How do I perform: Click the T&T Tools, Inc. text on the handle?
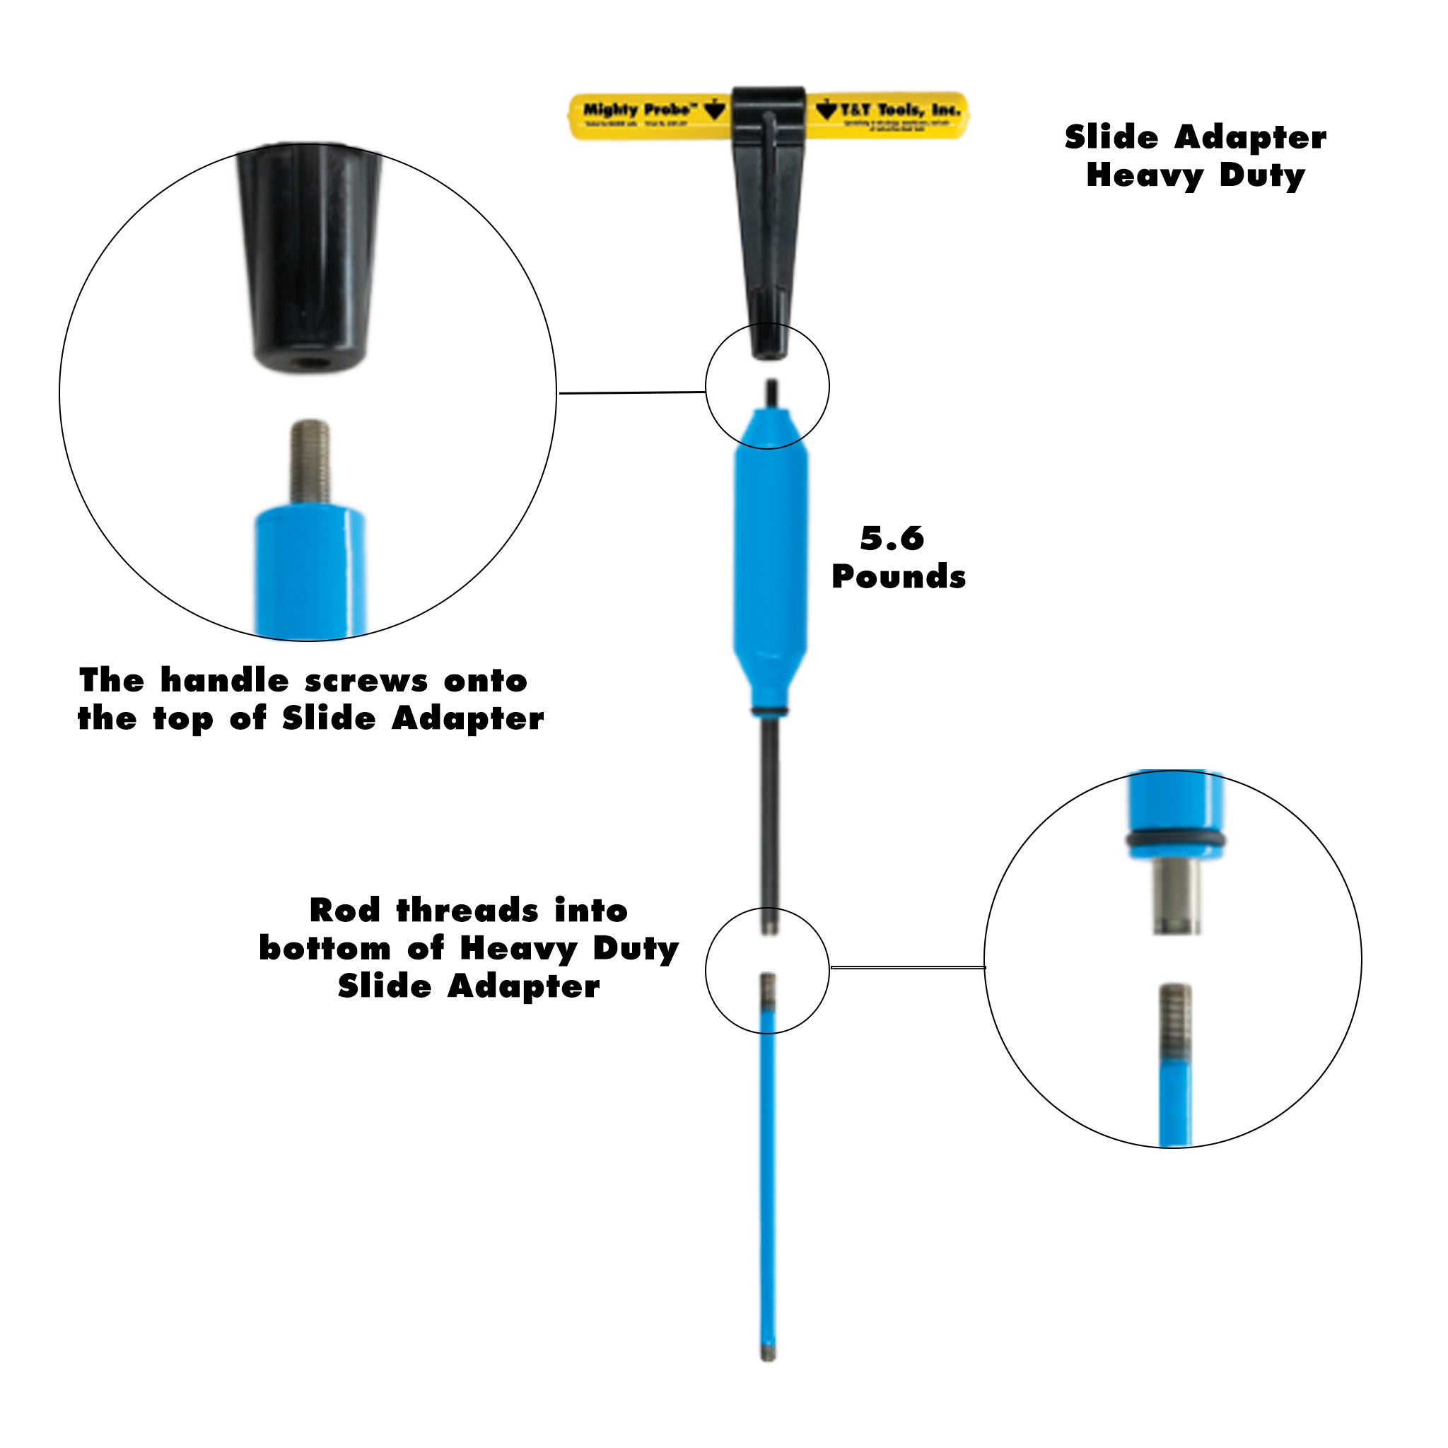(899, 110)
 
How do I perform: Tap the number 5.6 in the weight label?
(892, 538)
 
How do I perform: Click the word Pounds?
(899, 577)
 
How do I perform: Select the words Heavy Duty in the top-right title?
(1196, 175)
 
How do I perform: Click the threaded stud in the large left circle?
(310, 460)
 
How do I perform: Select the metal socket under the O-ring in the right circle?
(1176, 896)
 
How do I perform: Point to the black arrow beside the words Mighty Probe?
(716, 110)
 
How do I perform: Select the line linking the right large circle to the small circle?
(907, 968)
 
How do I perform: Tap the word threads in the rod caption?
(467, 911)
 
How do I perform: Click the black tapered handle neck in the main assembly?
(769, 247)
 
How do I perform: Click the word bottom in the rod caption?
(325, 948)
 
